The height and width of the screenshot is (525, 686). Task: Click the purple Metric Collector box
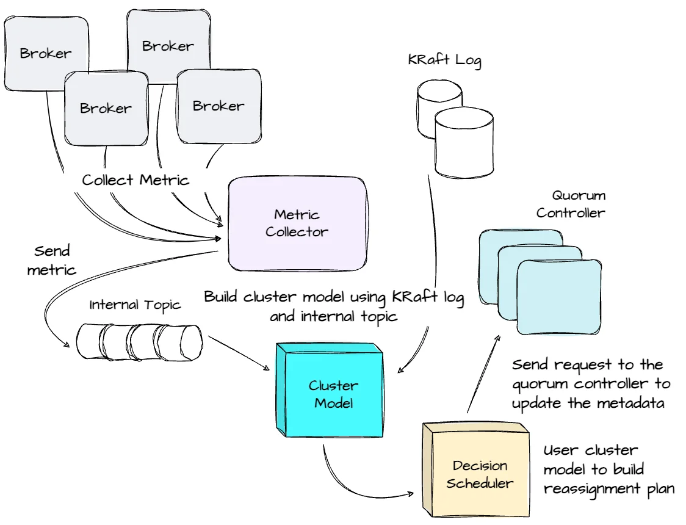(297, 223)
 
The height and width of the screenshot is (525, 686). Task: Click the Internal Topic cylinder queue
(139, 341)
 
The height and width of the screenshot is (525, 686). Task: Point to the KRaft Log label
(444, 60)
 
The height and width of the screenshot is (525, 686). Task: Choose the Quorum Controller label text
(570, 205)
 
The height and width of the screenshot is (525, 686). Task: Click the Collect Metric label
(135, 180)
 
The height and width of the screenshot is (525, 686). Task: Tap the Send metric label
(52, 260)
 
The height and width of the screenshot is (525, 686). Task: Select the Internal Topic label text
(135, 305)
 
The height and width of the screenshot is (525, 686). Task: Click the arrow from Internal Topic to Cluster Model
(238, 353)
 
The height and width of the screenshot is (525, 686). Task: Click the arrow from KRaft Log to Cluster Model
(435, 275)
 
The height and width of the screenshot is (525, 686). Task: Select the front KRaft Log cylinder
(463, 144)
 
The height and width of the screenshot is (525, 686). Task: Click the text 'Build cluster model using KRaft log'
(334, 297)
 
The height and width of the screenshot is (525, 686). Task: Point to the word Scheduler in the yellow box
(480, 483)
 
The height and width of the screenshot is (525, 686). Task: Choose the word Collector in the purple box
(297, 232)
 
